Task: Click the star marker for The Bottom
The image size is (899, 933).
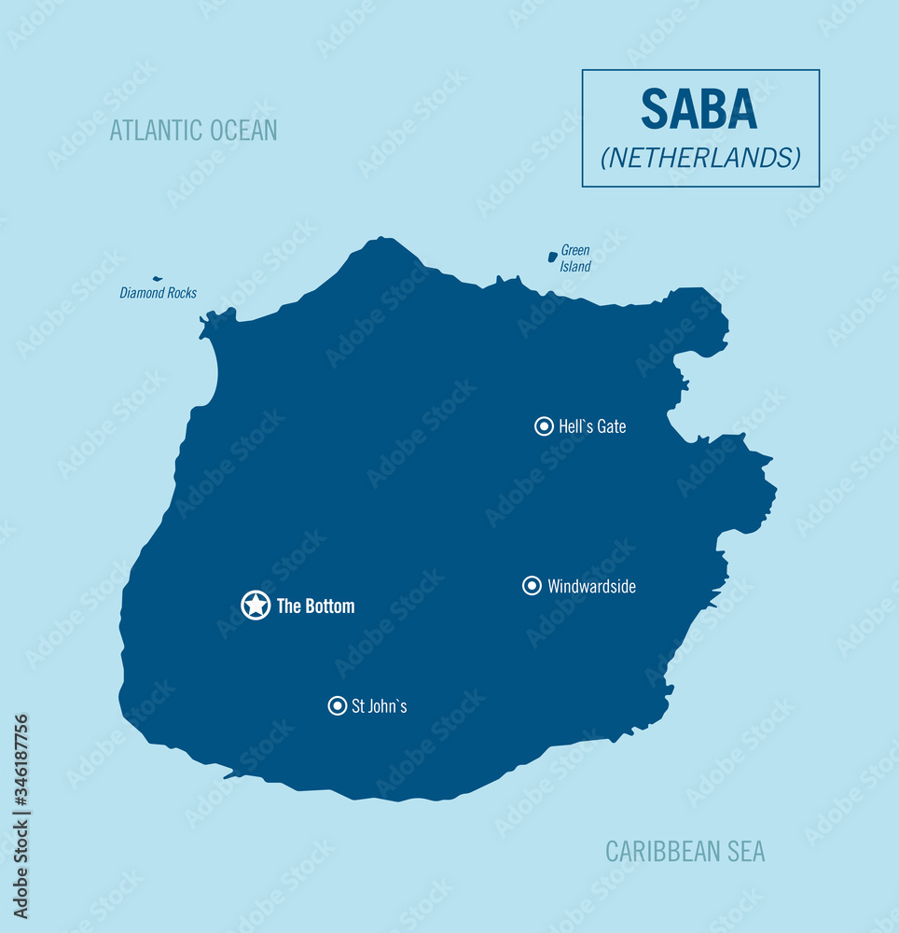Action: tap(256, 605)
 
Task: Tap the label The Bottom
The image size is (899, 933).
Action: tap(315, 606)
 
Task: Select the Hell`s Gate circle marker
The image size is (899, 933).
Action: tap(544, 426)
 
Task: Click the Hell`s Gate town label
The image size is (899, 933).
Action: tap(592, 426)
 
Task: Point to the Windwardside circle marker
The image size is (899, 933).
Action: tap(532, 586)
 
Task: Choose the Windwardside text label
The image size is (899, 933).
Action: tap(591, 587)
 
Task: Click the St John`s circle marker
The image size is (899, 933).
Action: tap(338, 706)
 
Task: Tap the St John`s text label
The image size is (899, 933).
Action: tap(379, 706)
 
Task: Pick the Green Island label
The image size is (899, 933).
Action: tap(575, 258)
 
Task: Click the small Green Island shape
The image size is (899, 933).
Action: tap(552, 256)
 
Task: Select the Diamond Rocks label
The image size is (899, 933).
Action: tap(158, 293)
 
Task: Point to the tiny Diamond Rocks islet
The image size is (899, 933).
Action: tap(158, 278)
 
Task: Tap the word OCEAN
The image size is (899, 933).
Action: tap(244, 130)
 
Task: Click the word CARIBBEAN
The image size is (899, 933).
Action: tap(657, 851)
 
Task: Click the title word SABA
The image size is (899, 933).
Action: tap(698, 110)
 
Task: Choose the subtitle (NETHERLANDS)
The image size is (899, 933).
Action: tap(700, 158)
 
